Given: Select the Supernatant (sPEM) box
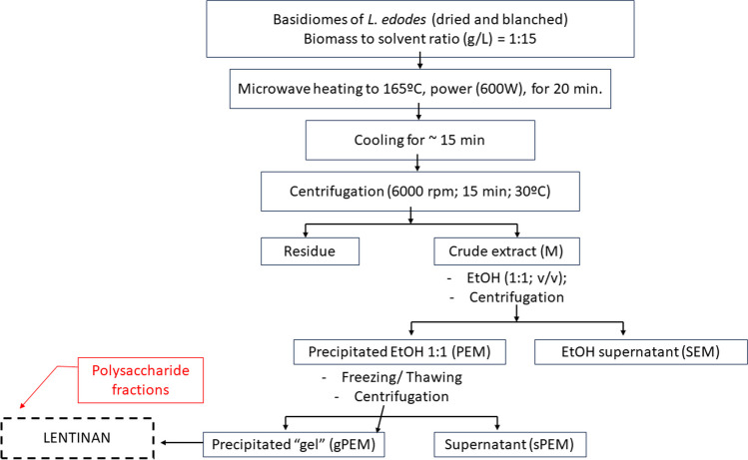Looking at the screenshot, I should point(496,440).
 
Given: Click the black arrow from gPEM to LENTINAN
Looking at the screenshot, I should point(180,440).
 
